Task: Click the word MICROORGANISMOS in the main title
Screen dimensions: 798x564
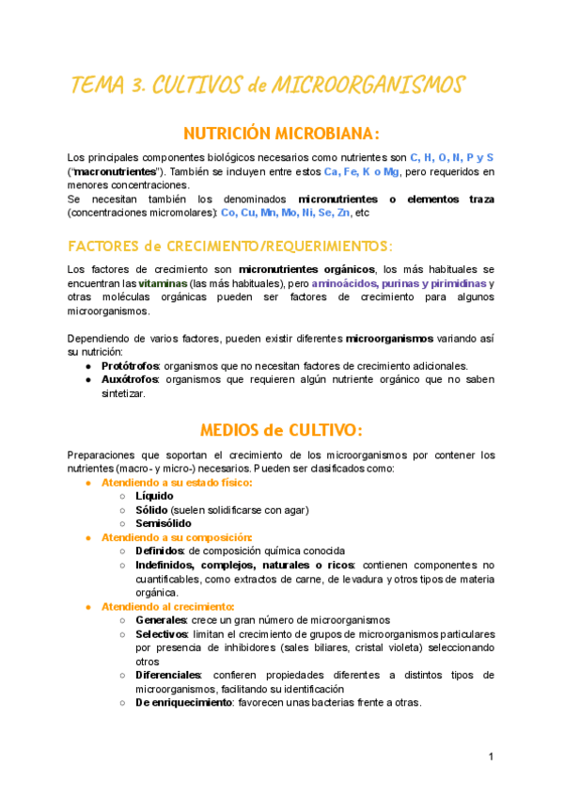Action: tap(368, 86)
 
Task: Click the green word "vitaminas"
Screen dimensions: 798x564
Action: tap(162, 283)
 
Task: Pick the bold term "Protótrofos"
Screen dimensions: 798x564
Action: tap(130, 366)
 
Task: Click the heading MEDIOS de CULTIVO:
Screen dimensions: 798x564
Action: tap(282, 430)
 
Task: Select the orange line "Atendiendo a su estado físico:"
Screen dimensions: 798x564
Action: tap(177, 483)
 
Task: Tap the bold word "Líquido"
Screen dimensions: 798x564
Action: tap(154, 496)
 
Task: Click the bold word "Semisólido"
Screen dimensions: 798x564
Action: tap(163, 523)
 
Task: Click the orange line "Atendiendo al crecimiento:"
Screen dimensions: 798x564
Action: tap(167, 607)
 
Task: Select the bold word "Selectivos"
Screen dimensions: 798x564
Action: tap(163, 634)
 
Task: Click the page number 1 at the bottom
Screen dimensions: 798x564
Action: tap(491, 757)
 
